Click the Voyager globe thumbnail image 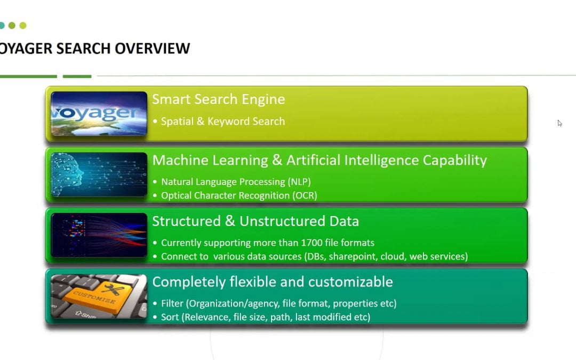pyautogui.click(x=99, y=113)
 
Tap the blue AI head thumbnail pyautogui.click(x=99, y=174)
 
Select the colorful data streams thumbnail pyautogui.click(x=99, y=235)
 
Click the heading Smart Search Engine pyautogui.click(x=219, y=99)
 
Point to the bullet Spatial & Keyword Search pyautogui.click(x=223, y=122)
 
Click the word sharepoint pyautogui.click(x=353, y=257)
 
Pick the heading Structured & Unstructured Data pyautogui.click(x=255, y=221)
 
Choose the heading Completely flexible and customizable pyautogui.click(x=273, y=282)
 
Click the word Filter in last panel pyautogui.click(x=172, y=303)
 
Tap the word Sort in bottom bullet pyautogui.click(x=171, y=317)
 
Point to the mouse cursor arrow pyautogui.click(x=559, y=123)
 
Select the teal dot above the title pyautogui.click(x=2, y=25)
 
